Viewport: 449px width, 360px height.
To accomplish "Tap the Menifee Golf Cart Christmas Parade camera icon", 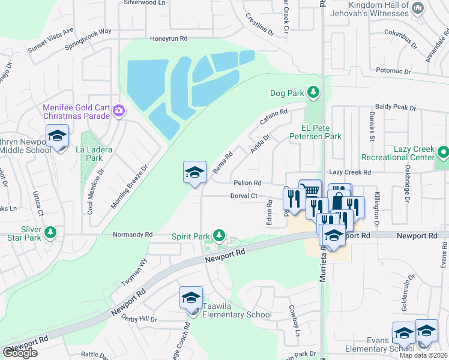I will point(118,110).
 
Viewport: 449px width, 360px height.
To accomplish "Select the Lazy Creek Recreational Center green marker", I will point(442,152).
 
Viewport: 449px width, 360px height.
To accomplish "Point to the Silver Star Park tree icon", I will point(50,232).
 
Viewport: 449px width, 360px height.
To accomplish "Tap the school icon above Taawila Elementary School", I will point(191,298).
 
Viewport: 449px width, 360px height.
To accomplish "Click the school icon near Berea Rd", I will point(194,173).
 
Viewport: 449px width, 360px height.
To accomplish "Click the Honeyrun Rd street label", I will point(169,38).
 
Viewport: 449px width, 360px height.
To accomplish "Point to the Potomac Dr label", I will point(393,71).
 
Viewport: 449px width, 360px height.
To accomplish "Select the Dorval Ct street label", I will point(244,196).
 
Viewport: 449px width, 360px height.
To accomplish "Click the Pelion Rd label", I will point(247,182).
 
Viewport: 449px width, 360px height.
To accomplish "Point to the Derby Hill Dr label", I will point(139,320).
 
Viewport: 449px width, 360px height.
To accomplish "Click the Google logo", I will point(20,353).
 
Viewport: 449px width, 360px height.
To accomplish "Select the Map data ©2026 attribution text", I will point(423,355).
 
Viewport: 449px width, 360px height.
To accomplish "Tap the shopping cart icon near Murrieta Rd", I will point(310,190).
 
